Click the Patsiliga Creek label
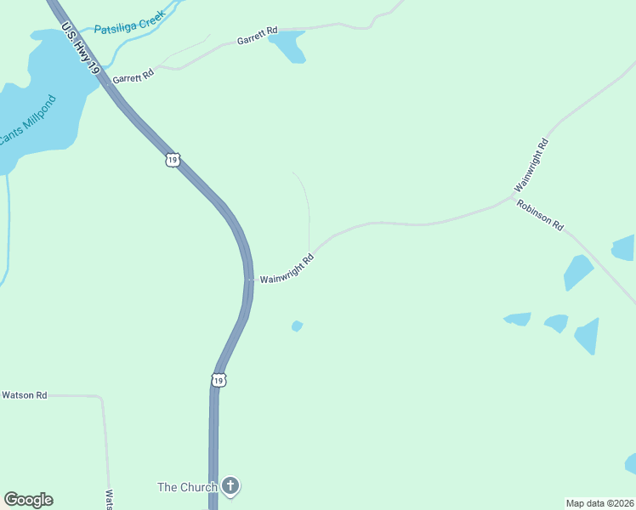tap(130, 28)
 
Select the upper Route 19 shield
tap(173, 159)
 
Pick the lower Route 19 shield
tap(219, 379)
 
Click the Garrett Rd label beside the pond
tap(258, 38)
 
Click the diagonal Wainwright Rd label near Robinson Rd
tap(531, 164)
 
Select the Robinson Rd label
tap(541, 216)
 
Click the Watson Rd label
tap(24, 395)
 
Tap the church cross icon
tap(230, 486)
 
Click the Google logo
tap(28, 500)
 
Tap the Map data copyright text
tap(600, 502)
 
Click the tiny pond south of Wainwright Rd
tap(297, 326)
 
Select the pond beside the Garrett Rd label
tap(289, 48)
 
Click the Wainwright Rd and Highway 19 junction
tap(249, 280)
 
